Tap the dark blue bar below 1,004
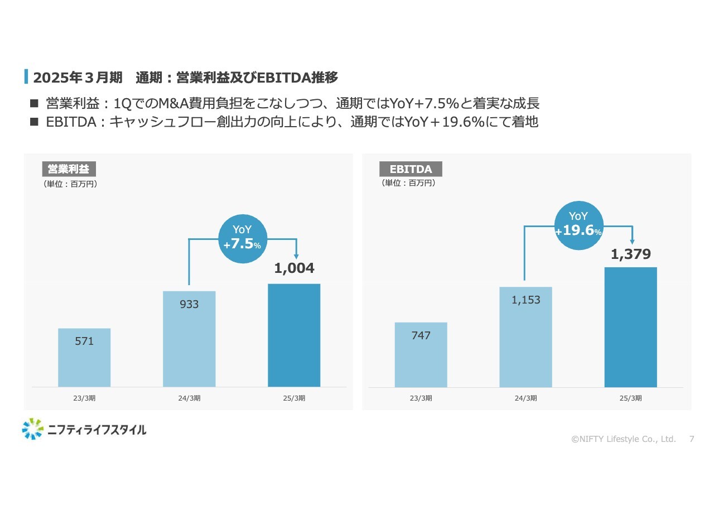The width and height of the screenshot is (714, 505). tap(294, 335)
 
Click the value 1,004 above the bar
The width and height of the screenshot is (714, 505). tap(294, 268)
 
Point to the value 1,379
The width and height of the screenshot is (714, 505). tap(630, 254)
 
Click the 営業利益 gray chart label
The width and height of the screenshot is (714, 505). tap(69, 169)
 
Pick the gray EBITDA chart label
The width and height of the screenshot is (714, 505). tap(411, 169)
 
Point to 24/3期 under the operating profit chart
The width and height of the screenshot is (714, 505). tap(189, 398)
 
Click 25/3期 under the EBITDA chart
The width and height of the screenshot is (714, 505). tap(630, 398)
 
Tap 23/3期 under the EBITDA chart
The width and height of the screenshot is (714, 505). tap(421, 398)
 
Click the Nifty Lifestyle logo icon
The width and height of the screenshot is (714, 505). tap(32, 429)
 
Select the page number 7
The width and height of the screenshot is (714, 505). tap(692, 439)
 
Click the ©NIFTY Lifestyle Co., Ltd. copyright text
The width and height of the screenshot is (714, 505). tap(624, 439)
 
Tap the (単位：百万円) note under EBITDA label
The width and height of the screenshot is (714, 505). tap(408, 182)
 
